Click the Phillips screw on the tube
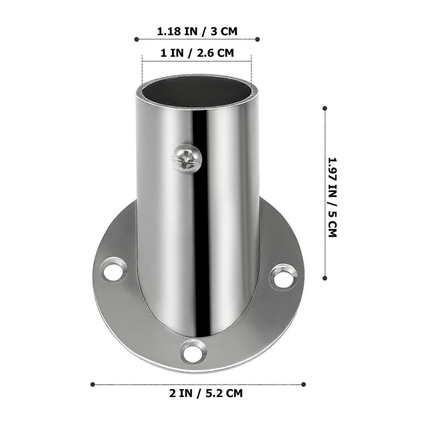[x=187, y=160]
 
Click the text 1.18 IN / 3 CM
[x=197, y=31]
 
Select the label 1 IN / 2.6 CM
[x=197, y=53]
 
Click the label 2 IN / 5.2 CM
[x=206, y=393]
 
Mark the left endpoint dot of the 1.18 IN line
[x=137, y=39]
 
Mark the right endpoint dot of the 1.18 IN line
[x=257, y=39]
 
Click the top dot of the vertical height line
[x=325, y=108]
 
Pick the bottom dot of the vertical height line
[x=325, y=278]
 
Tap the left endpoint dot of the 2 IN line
[x=93, y=384]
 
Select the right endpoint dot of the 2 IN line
[x=303, y=384]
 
